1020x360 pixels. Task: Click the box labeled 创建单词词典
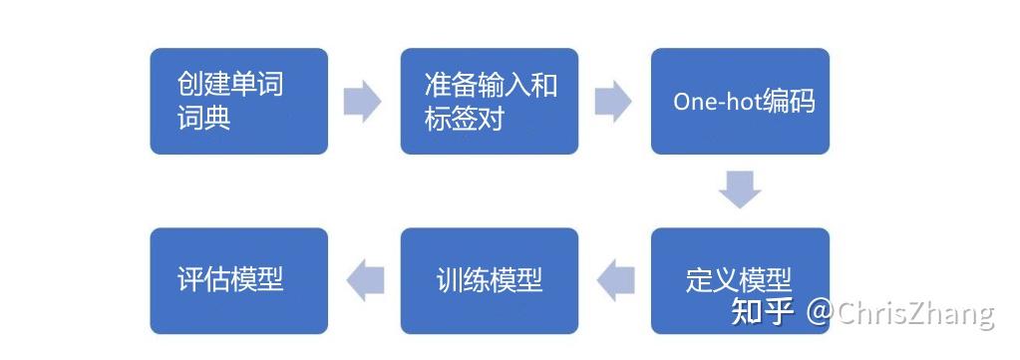[238, 101]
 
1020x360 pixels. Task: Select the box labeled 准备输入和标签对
[489, 101]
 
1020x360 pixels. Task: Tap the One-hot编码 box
[740, 101]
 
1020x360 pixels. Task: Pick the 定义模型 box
[740, 279]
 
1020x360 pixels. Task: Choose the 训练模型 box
[489, 279]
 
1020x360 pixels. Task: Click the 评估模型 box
[238, 279]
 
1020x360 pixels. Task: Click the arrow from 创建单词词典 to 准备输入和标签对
[363, 102]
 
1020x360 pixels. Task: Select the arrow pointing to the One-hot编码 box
[613, 102]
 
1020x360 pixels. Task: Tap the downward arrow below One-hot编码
[740, 189]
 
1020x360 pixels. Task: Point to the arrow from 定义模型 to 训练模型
[615, 279]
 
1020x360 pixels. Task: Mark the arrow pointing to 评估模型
[364, 279]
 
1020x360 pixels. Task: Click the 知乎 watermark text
[763, 312]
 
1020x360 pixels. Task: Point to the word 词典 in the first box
[204, 119]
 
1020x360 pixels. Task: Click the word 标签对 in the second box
[464, 119]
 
